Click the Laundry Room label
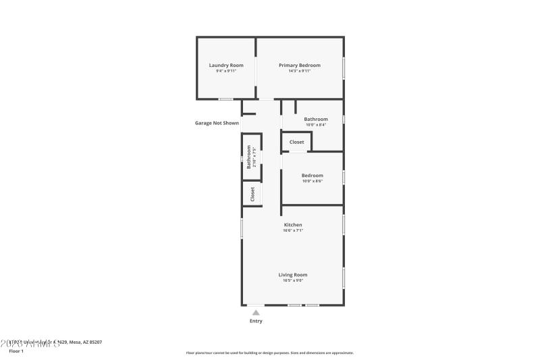225,65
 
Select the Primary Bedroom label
300,65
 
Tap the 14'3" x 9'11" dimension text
300,71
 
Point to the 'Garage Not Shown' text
217,123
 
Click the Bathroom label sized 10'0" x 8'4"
315,119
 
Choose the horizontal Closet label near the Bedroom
297,142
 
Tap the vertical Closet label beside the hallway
252,194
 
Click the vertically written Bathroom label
248,157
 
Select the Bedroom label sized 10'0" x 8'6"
312,176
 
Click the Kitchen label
293,224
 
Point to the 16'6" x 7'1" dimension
293,230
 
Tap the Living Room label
293,275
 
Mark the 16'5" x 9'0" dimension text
293,280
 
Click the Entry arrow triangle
256,313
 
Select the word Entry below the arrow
256,321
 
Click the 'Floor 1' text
16,351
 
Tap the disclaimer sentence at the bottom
269,353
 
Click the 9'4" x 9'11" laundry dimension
225,71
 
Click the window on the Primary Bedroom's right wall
344,68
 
